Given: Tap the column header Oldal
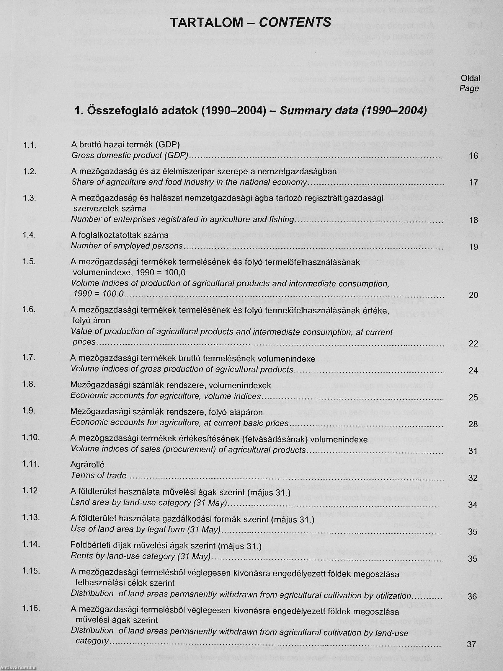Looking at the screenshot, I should click(x=471, y=78).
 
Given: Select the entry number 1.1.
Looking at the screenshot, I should click(x=30, y=145).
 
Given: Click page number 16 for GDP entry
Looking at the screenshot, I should click(x=473, y=156).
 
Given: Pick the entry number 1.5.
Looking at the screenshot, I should click(x=30, y=261).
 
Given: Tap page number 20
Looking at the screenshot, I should click(x=473, y=295).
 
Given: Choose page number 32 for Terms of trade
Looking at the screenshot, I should click(x=473, y=478).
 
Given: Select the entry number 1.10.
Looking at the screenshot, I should click(x=31, y=437).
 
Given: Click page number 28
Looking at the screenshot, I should click(x=473, y=424).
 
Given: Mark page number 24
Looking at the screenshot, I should click(x=473, y=371).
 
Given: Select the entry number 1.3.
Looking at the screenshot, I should click(x=30, y=198).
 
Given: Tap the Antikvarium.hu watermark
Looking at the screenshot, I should click(x=19, y=667).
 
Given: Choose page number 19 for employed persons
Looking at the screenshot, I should click(x=473, y=247).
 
